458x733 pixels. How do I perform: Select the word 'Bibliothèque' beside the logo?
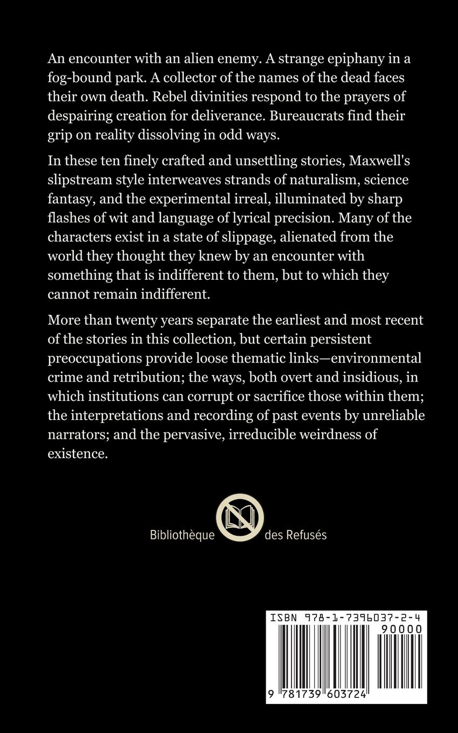click(182, 535)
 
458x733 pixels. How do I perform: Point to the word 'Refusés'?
click(307, 535)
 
